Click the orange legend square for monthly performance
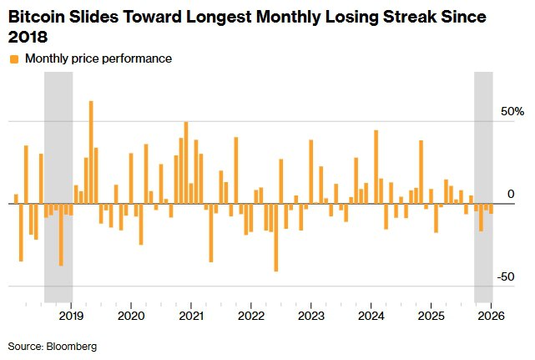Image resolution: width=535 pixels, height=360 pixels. (x=13, y=59)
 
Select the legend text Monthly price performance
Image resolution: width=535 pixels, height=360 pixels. (x=98, y=59)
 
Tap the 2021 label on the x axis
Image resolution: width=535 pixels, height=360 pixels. (x=191, y=316)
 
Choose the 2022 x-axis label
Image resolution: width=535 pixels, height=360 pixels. (x=251, y=316)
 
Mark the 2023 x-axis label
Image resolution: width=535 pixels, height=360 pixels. (x=311, y=316)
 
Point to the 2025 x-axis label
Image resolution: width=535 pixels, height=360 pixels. (x=431, y=316)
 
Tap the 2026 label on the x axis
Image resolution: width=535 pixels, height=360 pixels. (x=490, y=316)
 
